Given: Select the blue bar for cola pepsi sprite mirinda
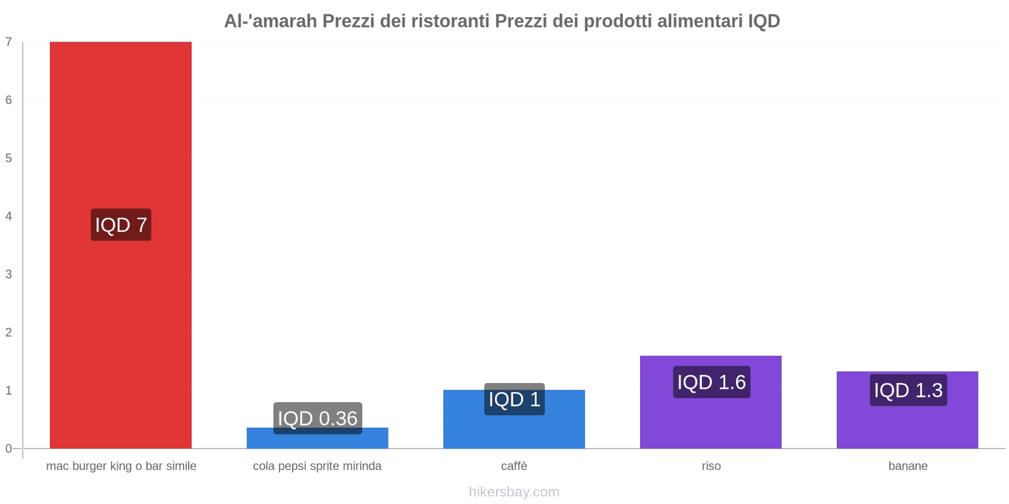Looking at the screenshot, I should click(x=317, y=440).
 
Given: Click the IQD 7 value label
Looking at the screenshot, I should click(x=121, y=225).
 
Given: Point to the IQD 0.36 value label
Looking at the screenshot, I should click(x=317, y=418).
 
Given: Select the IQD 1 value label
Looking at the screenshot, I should click(x=514, y=399).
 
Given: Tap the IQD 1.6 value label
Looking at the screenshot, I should click(x=711, y=382).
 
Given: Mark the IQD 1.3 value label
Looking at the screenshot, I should click(x=908, y=391).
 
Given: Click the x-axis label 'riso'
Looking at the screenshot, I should click(x=711, y=466).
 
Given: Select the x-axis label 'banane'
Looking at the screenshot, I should click(x=907, y=466).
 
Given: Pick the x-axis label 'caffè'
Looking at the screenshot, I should click(x=514, y=466).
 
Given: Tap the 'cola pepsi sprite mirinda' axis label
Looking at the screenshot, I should click(x=317, y=466).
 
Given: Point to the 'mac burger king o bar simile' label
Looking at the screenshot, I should click(x=121, y=466).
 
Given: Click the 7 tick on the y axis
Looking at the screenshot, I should click(x=9, y=42).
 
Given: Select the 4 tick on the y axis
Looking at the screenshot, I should click(x=9, y=216).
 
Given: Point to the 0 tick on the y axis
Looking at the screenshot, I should click(x=9, y=449).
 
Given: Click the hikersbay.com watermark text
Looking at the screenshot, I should click(x=514, y=492).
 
